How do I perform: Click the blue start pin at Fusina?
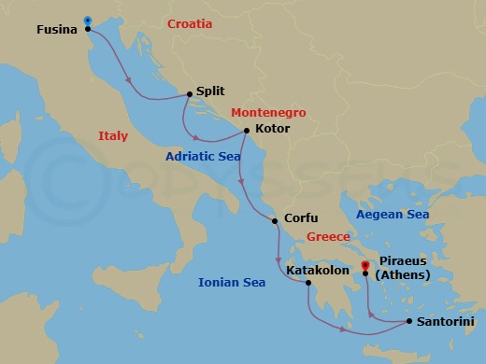coord(87,20)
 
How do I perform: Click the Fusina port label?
coord(57,29)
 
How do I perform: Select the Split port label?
coord(210,93)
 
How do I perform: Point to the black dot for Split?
coord(190,93)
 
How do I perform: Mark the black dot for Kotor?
coord(246,131)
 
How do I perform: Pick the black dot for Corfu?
coord(274,221)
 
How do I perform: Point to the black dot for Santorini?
coord(409,321)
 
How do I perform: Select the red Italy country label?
coord(113,136)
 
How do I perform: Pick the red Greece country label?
coord(329,237)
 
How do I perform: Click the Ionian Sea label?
coord(232,282)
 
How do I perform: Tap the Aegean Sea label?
coord(393,215)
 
